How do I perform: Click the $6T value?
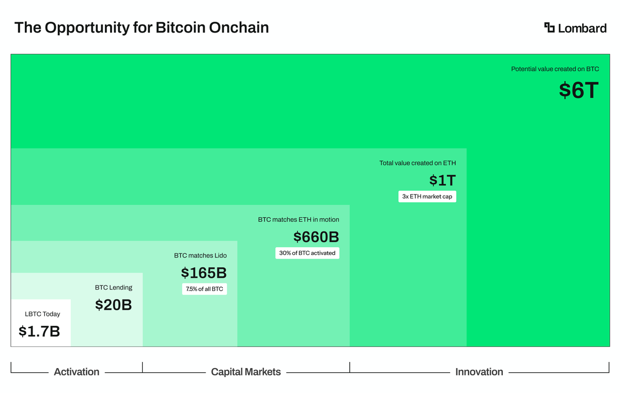pyautogui.click(x=579, y=90)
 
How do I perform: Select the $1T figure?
pyautogui.click(x=442, y=180)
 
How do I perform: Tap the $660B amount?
pyautogui.click(x=316, y=237)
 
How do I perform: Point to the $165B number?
pyautogui.click(x=204, y=273)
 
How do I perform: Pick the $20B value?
pyautogui.click(x=113, y=305)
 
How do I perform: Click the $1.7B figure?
pyautogui.click(x=39, y=331)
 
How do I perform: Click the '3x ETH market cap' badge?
pyautogui.click(x=427, y=196)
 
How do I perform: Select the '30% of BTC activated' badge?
pyautogui.click(x=307, y=253)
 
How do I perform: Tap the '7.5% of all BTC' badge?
pyautogui.click(x=204, y=289)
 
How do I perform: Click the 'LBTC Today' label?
pyautogui.click(x=42, y=314)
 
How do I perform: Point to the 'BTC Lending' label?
pyautogui.click(x=113, y=288)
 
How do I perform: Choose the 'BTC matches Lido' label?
pyautogui.click(x=200, y=255)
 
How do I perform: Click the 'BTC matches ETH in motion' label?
pyautogui.click(x=299, y=220)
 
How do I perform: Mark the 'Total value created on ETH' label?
pyautogui.click(x=417, y=163)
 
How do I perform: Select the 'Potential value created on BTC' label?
pyautogui.click(x=555, y=69)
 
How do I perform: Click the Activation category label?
pyautogui.click(x=76, y=372)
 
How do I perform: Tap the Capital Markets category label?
pyautogui.click(x=246, y=372)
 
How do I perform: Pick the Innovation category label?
pyautogui.click(x=479, y=372)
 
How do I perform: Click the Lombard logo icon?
pyautogui.click(x=549, y=27)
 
